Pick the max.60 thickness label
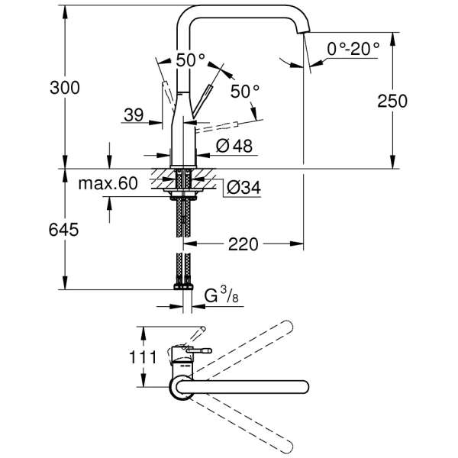click(x=107, y=183)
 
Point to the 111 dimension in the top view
click(x=143, y=356)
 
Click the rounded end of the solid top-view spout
click(x=303, y=386)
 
